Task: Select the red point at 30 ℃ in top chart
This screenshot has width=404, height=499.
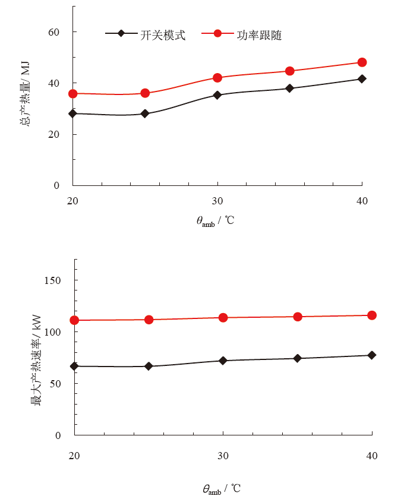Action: tap(217, 78)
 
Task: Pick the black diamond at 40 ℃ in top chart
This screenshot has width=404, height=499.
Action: tap(362, 78)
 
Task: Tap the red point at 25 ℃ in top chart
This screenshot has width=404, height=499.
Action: tap(145, 93)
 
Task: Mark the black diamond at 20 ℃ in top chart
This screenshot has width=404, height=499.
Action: tap(73, 113)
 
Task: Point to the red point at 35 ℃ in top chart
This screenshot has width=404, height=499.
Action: tap(290, 71)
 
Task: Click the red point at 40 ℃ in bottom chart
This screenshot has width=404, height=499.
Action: tap(372, 315)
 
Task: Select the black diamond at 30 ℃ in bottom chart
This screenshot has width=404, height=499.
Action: tap(223, 361)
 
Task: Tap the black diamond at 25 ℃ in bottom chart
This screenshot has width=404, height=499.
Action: tap(149, 367)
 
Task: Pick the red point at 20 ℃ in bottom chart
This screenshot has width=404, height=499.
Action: tap(74, 320)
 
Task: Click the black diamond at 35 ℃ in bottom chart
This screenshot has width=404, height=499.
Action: tap(297, 358)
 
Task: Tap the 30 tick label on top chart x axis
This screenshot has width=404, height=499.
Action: tap(217, 200)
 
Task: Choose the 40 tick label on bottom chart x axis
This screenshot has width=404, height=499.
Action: tap(371, 456)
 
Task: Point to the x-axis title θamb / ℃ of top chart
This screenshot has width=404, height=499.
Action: tap(215, 221)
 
